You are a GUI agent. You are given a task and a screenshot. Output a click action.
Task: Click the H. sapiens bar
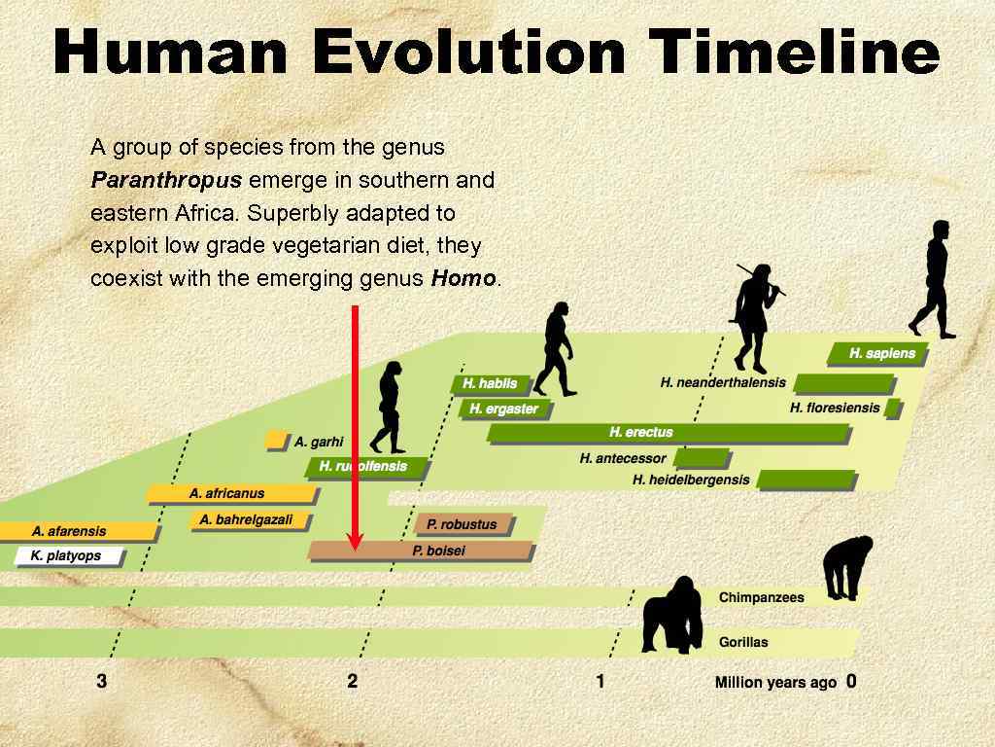tap(878, 353)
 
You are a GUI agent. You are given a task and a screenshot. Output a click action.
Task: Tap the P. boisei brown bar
tap(422, 551)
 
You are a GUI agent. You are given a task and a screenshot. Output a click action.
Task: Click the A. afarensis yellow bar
tap(78, 531)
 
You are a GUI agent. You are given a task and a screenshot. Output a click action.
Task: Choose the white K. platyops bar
tap(70, 556)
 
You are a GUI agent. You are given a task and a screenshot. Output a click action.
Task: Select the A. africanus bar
tap(233, 493)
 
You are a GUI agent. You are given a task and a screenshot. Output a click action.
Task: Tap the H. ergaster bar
tap(504, 409)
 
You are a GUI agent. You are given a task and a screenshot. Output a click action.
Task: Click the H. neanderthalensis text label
tap(723, 382)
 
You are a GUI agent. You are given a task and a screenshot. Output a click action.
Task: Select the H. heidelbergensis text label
tap(691, 480)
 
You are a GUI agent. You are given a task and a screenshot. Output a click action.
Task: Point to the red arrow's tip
tap(356, 547)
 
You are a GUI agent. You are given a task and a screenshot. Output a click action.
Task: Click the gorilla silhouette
tap(673, 615)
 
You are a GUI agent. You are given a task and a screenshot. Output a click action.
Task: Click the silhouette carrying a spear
tap(754, 316)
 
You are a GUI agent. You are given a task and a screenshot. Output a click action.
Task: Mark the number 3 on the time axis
tap(102, 681)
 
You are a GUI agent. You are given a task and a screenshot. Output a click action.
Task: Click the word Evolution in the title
tap(467, 53)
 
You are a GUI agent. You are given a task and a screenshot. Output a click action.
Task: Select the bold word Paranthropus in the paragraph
tap(166, 180)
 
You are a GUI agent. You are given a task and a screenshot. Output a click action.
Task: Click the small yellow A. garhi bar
tap(276, 441)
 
